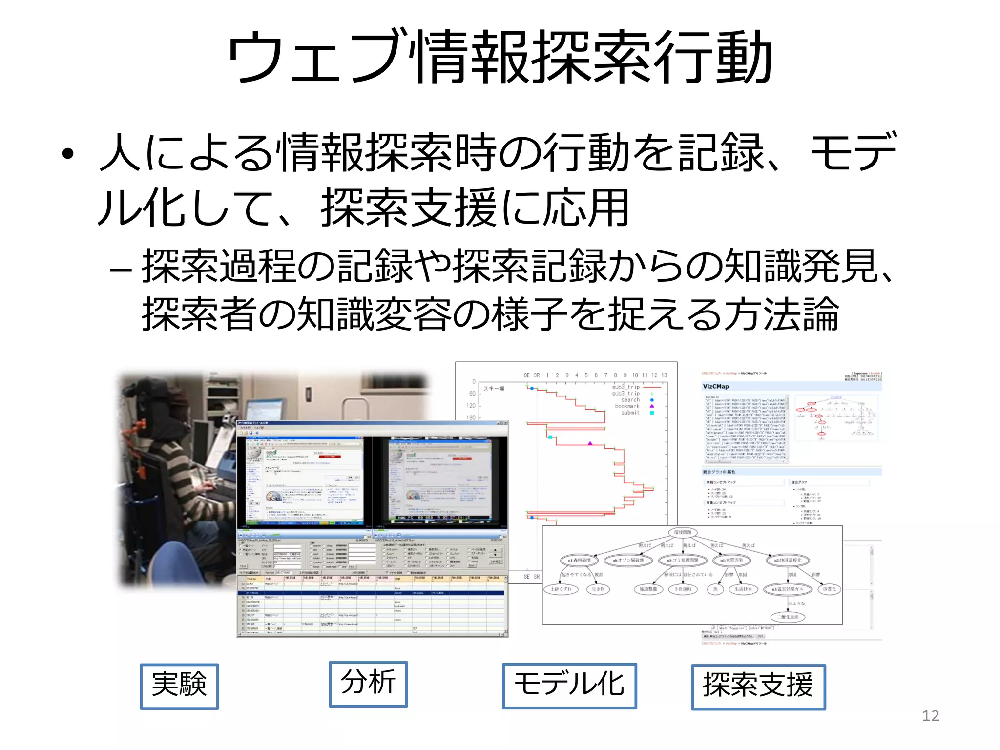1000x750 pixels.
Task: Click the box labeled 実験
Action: pos(179,686)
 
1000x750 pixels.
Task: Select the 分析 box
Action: pos(368,684)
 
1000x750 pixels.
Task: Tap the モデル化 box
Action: pos(569,685)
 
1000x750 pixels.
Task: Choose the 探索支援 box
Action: pos(758,686)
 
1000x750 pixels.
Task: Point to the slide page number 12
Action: pos(930,716)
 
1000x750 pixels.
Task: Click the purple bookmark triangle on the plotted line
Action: pos(590,443)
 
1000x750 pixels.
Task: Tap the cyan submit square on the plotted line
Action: pos(550,437)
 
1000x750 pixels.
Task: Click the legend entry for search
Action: pos(630,400)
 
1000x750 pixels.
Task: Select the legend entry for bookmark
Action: pos(627,406)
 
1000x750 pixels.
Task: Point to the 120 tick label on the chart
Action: pos(471,406)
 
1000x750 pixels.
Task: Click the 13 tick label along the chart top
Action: pos(664,375)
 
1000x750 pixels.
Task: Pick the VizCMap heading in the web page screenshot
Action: pos(716,386)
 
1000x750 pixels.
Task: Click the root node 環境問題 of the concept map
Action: pos(682,532)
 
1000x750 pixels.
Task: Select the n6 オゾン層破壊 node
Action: pos(628,560)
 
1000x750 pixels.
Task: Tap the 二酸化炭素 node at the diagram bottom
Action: pos(788,617)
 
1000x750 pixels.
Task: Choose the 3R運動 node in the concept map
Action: pos(683,589)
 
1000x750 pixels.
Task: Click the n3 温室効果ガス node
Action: pos(787,589)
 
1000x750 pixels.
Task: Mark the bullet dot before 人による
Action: pos(68,154)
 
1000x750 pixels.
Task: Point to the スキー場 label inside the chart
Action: pos(494,389)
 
